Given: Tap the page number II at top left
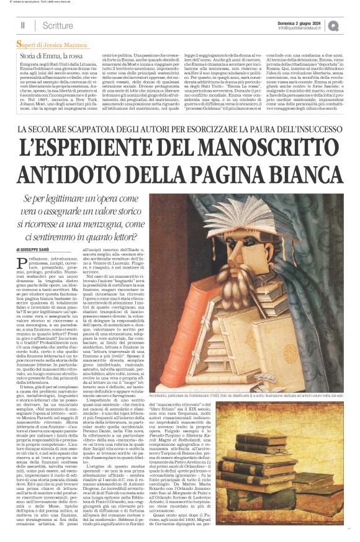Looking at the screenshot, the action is click(23, 25).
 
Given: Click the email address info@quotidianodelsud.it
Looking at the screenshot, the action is click(301, 28).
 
